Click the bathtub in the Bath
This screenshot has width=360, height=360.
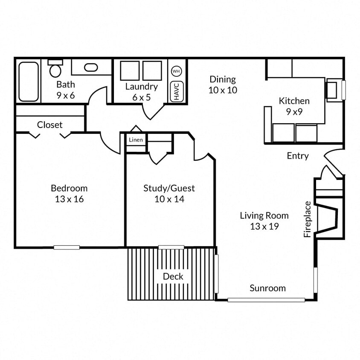coord(29,81)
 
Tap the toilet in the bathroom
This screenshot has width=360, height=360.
coord(55,68)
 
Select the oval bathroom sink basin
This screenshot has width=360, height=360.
coord(90,67)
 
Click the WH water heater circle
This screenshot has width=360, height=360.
coord(176,71)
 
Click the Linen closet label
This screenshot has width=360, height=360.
coord(136,140)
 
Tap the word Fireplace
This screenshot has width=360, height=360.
coord(308,219)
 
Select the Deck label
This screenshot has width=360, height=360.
coord(173,276)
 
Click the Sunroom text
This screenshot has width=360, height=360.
coord(267,288)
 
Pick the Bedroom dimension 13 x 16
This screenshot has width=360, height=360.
coord(69,199)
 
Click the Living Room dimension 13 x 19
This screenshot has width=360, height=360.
coord(264,226)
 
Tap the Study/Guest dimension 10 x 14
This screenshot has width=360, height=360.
coord(169,199)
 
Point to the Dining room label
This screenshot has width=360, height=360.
coord(223,79)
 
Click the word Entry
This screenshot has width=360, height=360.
coord(297,156)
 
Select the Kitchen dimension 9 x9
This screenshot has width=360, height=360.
coord(294,112)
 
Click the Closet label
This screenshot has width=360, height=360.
coord(49,125)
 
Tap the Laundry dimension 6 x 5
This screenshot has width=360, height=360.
coord(141,97)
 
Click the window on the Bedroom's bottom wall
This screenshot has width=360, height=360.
coord(67,247)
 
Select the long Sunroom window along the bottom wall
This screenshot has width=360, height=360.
coord(266,300)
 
